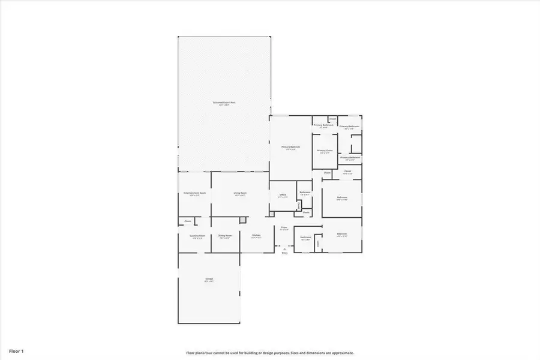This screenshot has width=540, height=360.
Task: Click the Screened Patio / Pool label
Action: click(224, 103)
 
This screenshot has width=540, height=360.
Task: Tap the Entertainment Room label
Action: click(194, 193)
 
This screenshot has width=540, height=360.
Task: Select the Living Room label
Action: click(241, 193)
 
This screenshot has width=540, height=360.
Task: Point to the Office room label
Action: click(283, 195)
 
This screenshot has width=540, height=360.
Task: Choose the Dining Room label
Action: click(225, 236)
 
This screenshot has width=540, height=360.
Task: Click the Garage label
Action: click(209, 279)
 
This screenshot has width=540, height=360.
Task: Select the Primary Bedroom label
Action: click(291, 147)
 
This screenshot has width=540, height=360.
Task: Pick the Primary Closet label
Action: click(325, 151)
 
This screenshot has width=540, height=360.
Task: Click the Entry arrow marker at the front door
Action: click(285, 249)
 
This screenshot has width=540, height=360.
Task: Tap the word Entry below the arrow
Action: click(285, 253)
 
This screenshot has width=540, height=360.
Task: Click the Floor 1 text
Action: click(16, 350)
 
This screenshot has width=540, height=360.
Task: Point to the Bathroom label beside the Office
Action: click(305, 193)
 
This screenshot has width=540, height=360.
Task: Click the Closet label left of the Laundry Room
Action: click(188, 221)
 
